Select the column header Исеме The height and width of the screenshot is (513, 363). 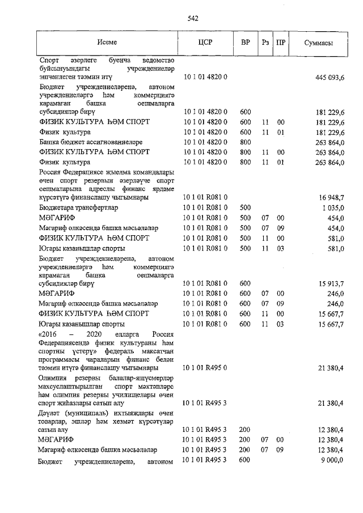[107, 43]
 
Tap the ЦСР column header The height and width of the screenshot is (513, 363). [205, 43]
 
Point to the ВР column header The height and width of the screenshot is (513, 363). [246, 43]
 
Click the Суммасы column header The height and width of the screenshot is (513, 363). [318, 43]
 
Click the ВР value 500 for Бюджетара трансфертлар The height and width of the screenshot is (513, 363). [245, 207]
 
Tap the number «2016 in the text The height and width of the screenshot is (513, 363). [49, 334]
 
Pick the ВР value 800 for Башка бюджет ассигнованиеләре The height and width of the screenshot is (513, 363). [245, 142]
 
